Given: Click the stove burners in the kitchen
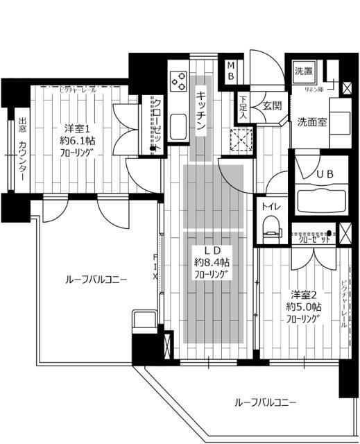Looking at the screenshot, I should point(178,81).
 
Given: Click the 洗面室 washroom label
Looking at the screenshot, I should point(313,121).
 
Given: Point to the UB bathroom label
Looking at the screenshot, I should point(325,175).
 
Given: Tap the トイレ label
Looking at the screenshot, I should point(271,206).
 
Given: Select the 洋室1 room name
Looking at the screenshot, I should point(76,128).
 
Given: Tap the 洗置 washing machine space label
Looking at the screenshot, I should point(303,70).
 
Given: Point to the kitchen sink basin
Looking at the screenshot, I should point(177,126).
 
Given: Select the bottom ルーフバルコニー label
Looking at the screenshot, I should point(266,402).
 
